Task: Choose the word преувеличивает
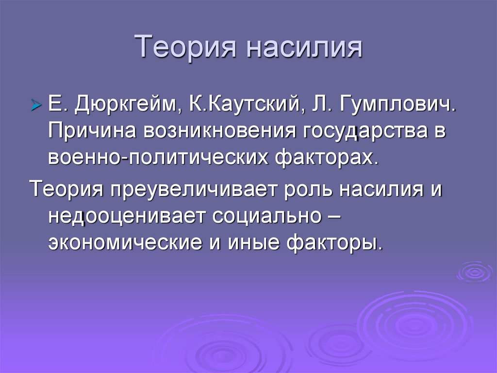(196, 188)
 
